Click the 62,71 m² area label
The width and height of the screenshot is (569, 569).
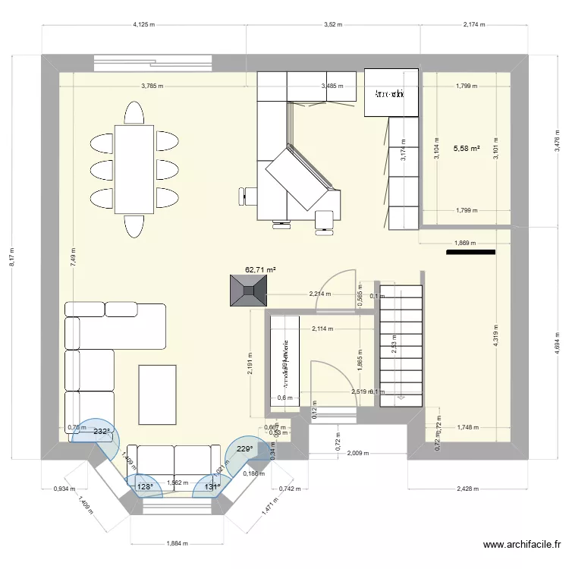coord(260,269)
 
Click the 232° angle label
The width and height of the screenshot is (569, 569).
coord(102,431)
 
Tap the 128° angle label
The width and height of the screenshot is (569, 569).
coord(144,487)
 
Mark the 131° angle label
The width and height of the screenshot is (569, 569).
coord(212,487)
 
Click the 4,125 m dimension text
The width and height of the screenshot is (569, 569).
coord(144,24)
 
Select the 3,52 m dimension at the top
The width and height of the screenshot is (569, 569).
coord(333,24)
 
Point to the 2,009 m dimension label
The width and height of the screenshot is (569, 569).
coord(357,454)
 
